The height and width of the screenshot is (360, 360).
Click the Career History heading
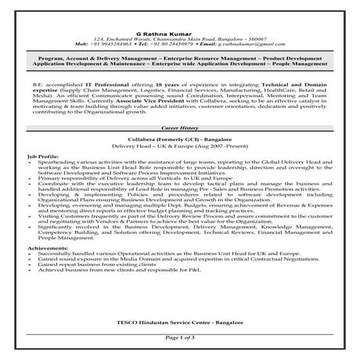pyautogui.click(x=179, y=124)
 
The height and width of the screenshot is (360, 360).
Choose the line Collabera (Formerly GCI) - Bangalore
pyautogui.click(x=179, y=133)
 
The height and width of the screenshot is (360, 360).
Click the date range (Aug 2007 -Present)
pyautogui.click(x=202, y=139)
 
